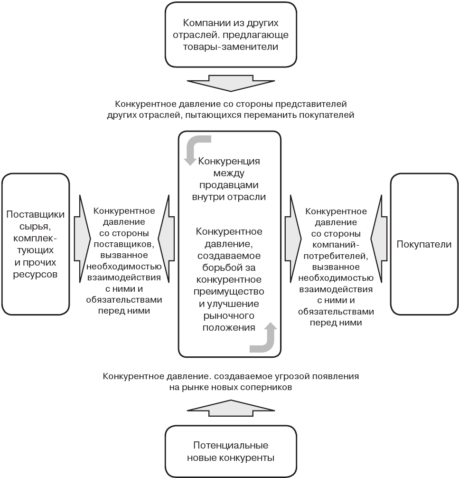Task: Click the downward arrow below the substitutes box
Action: pyautogui.click(x=231, y=83)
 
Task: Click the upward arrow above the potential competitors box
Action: pyautogui.click(x=231, y=408)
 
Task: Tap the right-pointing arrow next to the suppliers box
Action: pyautogui.click(x=82, y=239)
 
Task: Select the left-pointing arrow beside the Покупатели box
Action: pyautogui.click(x=379, y=239)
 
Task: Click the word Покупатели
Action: pyautogui.click(x=424, y=244)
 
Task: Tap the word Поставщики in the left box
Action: pyautogui.click(x=35, y=214)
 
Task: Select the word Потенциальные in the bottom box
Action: pyautogui.click(x=231, y=445)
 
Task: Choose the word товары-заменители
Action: pyautogui.click(x=230, y=47)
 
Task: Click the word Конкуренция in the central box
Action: pyautogui.click(x=229, y=161)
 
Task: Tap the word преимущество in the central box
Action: pyautogui.click(x=229, y=292)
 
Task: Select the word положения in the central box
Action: pyautogui.click(x=229, y=327)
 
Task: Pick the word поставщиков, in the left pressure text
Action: pyautogui.click(x=124, y=244)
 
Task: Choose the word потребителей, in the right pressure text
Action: pyautogui.click(x=336, y=256)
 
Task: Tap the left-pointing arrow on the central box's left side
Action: pyautogui.click(x=166, y=239)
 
